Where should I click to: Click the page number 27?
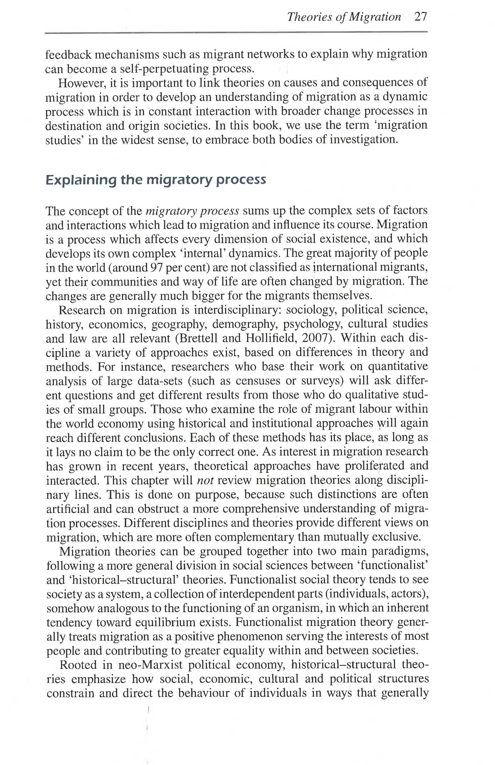(x=420, y=17)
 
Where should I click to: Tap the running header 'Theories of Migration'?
(x=344, y=17)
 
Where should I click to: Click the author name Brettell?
(x=197, y=338)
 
